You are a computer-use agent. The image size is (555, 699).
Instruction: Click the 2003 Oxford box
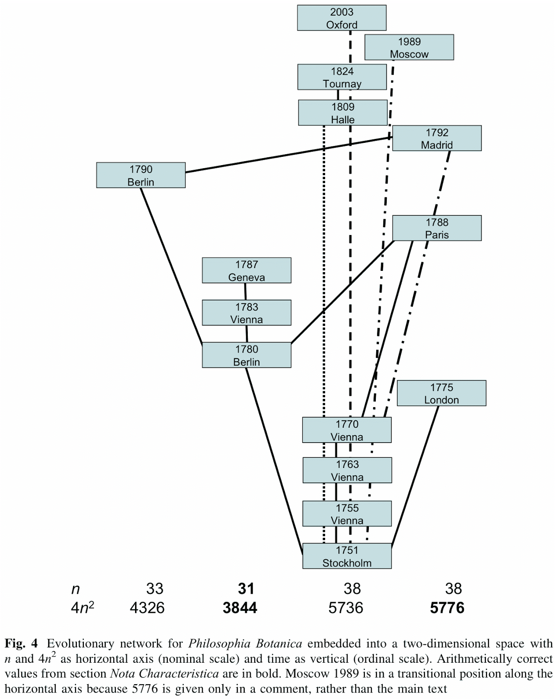coord(341,18)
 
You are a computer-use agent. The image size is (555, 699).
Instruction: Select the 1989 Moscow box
coord(409,47)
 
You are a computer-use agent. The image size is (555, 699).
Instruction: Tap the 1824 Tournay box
coord(342,77)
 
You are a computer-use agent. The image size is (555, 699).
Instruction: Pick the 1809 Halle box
coord(343,113)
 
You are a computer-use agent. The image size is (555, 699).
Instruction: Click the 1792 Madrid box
coord(437,138)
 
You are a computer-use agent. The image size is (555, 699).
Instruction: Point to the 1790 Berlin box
coord(141,175)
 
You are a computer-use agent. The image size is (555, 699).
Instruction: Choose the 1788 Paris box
coord(437,228)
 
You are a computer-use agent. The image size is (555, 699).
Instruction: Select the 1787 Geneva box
coord(246,270)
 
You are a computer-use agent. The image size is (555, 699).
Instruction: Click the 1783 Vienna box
coord(246,313)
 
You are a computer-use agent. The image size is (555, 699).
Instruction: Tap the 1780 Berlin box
coord(246,355)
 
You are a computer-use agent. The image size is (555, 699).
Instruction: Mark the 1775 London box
coord(441,393)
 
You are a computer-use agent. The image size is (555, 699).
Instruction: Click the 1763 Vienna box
coord(347,470)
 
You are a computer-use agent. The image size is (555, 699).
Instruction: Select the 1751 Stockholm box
coord(347,556)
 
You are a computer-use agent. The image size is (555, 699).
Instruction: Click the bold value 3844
coord(240,608)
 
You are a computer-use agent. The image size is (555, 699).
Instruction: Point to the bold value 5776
coord(447,608)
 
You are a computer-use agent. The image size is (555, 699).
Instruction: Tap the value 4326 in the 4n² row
coord(147,608)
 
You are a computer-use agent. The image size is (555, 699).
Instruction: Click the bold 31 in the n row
coord(246,588)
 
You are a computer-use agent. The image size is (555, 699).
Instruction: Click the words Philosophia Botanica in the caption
coord(245,644)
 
